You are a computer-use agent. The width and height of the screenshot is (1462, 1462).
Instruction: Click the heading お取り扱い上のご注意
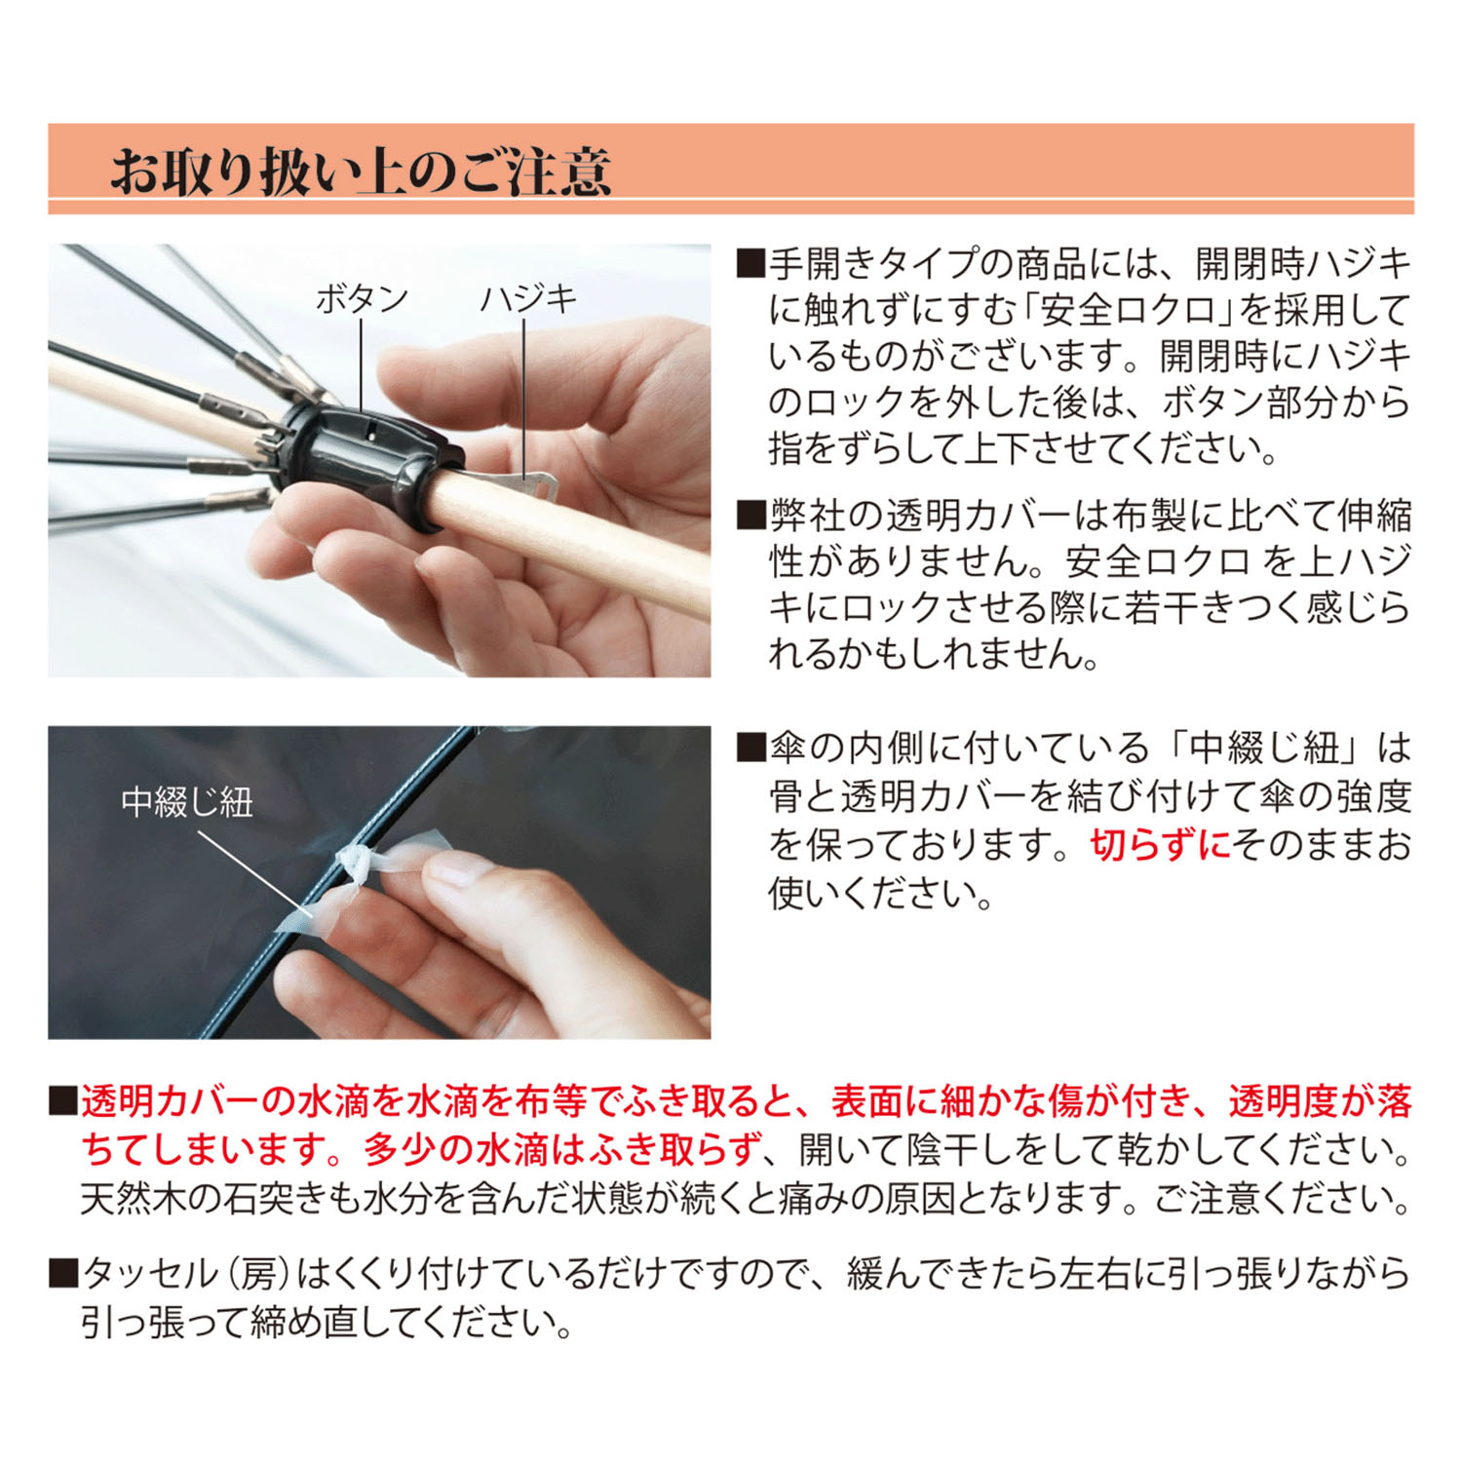pos(360,172)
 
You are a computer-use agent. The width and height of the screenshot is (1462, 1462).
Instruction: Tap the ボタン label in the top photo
pos(362,299)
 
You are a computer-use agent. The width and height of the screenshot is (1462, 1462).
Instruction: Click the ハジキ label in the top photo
pos(527,299)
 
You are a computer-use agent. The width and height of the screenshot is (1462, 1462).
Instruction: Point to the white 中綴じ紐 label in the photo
pos(187,802)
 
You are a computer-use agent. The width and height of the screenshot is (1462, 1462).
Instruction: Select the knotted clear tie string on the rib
pos(355,864)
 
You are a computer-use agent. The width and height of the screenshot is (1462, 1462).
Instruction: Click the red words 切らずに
pos(1159,845)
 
